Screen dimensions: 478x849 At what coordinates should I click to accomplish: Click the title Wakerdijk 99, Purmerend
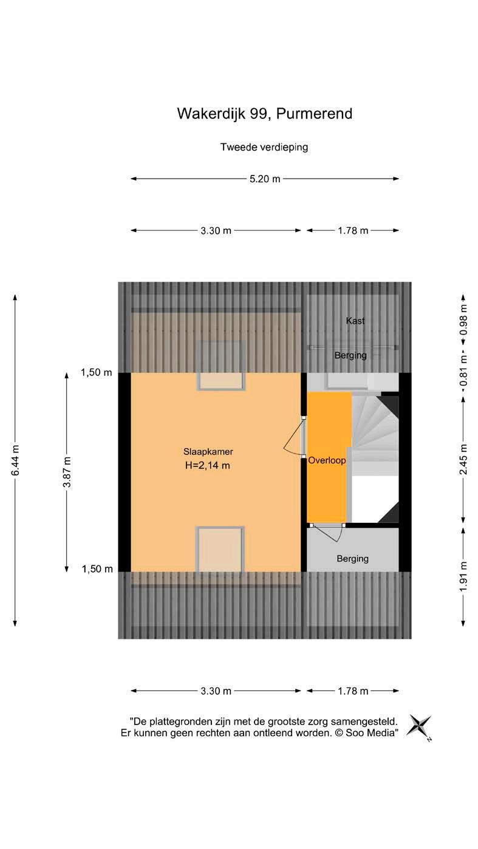click(x=264, y=114)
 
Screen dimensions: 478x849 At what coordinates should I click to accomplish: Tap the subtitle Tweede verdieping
click(x=264, y=147)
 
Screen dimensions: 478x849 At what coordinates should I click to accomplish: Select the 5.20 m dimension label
click(x=265, y=179)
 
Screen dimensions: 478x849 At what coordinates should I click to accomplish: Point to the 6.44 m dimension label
click(x=15, y=460)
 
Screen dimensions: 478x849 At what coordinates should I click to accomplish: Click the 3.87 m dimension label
click(x=67, y=471)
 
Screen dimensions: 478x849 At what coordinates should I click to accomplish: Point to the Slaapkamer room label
click(x=208, y=452)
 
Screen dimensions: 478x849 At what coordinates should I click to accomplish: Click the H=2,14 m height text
click(x=208, y=466)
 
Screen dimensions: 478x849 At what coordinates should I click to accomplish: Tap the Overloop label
click(x=327, y=460)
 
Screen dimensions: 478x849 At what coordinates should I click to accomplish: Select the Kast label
click(x=355, y=321)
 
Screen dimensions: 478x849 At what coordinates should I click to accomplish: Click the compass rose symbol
click(x=419, y=726)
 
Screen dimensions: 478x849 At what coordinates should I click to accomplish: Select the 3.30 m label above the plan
click(x=216, y=231)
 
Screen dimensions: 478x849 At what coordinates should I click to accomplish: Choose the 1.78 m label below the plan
click(x=353, y=691)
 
